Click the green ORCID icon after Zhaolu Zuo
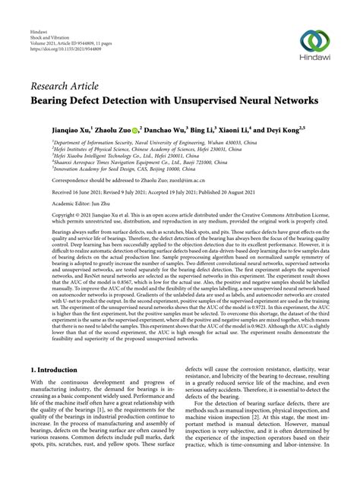(135, 130)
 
